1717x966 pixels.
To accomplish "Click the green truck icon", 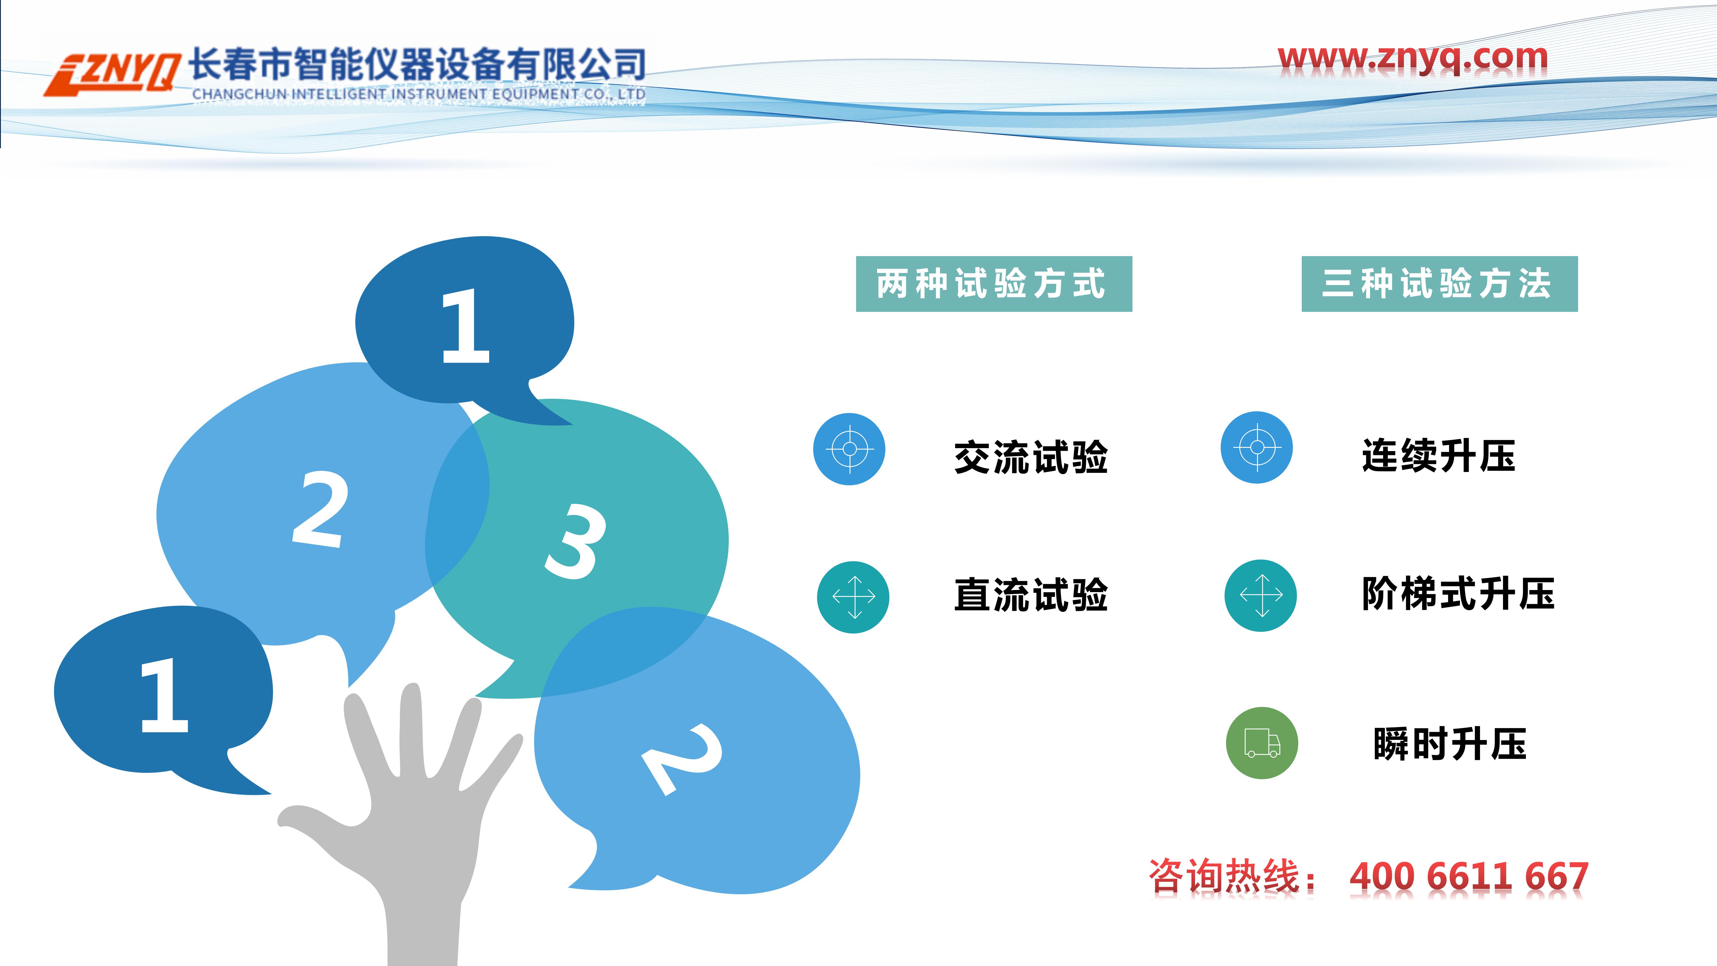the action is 1262,743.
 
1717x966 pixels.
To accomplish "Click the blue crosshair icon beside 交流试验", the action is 849,449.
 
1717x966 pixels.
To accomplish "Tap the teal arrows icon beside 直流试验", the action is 853,597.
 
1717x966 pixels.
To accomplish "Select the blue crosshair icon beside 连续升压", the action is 1256,447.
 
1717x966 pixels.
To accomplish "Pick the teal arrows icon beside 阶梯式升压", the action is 1260,595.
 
